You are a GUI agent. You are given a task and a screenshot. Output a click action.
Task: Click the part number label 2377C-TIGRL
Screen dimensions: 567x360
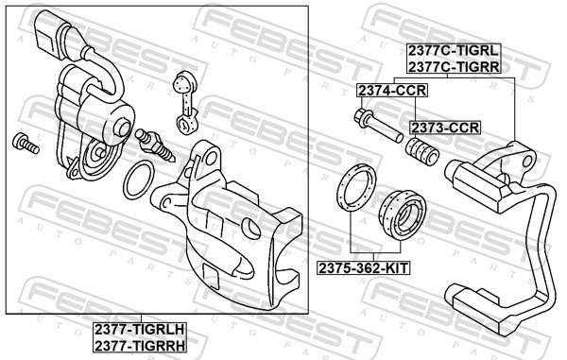tap(454, 51)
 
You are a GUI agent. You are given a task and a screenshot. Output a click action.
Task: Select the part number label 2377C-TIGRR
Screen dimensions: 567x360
tap(454, 66)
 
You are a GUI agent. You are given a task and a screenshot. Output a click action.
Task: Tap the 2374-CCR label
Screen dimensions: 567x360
tap(392, 91)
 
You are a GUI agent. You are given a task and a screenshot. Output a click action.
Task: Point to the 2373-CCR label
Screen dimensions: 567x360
tap(445, 128)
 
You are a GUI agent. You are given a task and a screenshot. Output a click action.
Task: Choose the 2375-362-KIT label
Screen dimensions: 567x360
tap(364, 268)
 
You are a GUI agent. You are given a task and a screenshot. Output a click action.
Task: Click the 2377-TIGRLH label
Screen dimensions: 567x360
tap(140, 330)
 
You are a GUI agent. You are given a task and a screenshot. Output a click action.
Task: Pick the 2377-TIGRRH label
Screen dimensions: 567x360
tap(140, 346)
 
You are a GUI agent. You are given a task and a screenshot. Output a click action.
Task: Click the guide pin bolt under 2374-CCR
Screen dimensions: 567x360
tap(378, 127)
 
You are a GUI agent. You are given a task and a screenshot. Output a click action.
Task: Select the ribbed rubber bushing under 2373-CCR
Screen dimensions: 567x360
tap(422, 151)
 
